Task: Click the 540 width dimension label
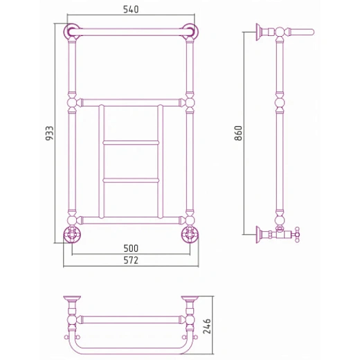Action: pyautogui.click(x=131, y=10)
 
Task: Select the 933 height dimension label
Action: pyautogui.click(x=49, y=133)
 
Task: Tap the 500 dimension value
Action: pyautogui.click(x=131, y=249)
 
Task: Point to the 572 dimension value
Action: pyautogui.click(x=131, y=260)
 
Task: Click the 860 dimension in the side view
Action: pyautogui.click(x=238, y=133)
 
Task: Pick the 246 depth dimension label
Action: pyautogui.click(x=207, y=326)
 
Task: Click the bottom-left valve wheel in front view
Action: pyautogui.click(x=72, y=235)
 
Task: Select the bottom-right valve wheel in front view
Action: pyautogui.click(x=190, y=235)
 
